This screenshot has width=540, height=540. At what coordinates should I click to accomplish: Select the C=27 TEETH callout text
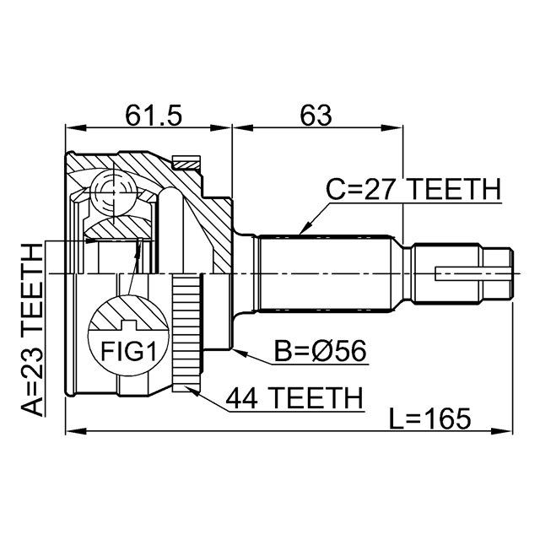(413, 189)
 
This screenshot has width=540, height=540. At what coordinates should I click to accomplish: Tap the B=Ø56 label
(321, 351)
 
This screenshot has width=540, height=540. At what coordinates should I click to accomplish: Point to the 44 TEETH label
(294, 398)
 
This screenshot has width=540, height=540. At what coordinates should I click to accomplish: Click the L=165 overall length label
(429, 418)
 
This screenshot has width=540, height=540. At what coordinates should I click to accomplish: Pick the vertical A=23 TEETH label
(32, 329)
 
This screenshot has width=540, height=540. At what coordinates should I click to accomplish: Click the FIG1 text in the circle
(128, 352)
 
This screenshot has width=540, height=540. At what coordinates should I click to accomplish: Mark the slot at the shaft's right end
(472, 273)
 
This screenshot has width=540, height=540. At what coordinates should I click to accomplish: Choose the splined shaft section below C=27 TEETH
(326, 273)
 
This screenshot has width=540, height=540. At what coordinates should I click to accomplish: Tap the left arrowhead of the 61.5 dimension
(76, 128)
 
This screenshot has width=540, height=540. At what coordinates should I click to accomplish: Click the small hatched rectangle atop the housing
(186, 162)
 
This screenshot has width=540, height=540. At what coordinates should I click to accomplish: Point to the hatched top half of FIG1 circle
(128, 313)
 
